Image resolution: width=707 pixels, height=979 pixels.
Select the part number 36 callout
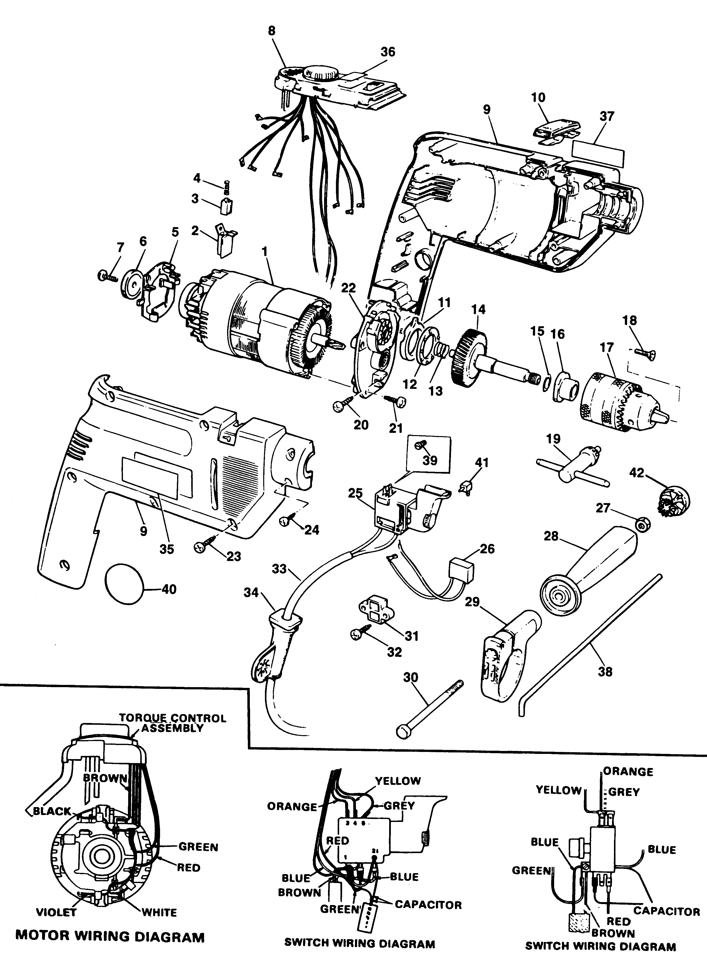coord(388,52)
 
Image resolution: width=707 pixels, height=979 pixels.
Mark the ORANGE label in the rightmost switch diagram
coord(628,771)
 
